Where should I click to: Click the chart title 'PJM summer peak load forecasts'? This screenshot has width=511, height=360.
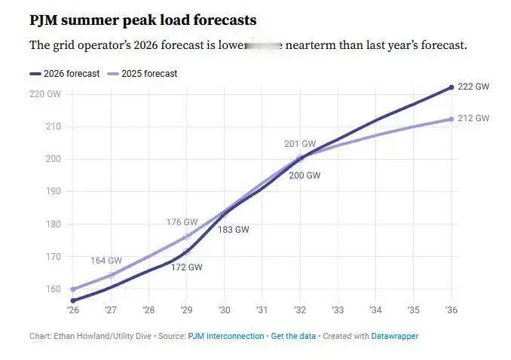142,20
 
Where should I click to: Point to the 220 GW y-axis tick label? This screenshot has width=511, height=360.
45,94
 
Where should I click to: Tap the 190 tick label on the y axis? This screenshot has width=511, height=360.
53,191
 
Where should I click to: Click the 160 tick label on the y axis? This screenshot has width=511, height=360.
53,289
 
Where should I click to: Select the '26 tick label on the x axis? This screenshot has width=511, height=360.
73,310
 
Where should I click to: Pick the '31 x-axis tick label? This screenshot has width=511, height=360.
262,310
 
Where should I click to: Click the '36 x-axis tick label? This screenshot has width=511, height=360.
451,310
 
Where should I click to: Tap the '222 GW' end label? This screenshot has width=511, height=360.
474,87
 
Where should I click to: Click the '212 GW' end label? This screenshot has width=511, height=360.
474,118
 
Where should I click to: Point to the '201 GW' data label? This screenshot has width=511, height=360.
300,143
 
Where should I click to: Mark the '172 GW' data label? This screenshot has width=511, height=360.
186,267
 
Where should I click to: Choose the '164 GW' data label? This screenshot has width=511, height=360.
106,261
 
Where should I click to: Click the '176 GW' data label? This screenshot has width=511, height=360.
182,222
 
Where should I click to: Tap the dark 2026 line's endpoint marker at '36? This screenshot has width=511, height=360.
451,87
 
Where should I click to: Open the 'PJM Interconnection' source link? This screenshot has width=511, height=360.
225,336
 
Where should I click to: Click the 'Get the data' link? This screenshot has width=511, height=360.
293,336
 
